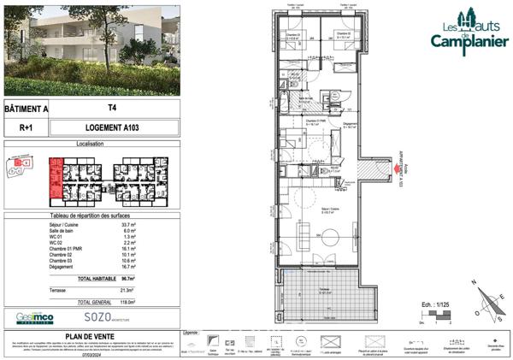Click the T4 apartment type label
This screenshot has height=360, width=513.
(x=112, y=109)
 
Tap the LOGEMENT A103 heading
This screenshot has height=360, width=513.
(x=112, y=127)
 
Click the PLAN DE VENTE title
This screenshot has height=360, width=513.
(x=91, y=336)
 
